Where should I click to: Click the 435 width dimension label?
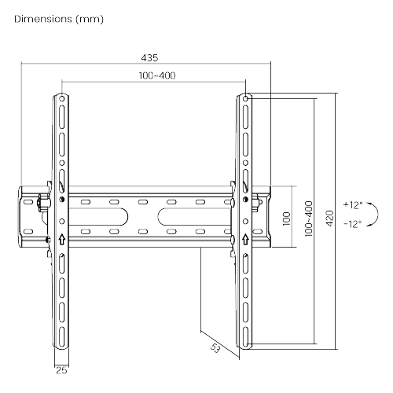pyautogui.click(x=149, y=57)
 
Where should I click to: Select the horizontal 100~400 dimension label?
pyautogui.click(x=157, y=75)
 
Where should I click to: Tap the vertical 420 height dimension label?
pyautogui.click(x=330, y=219)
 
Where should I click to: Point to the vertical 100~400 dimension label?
pyautogui.click(x=309, y=219)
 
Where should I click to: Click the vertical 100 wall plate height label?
pyautogui.click(x=287, y=219)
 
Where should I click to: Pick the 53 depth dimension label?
pyautogui.click(x=215, y=348)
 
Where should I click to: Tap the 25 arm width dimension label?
pyautogui.click(x=61, y=370)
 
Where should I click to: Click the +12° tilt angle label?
pyautogui.click(x=353, y=204)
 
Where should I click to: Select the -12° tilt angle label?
pyautogui.click(x=353, y=224)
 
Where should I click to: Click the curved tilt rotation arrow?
pyautogui.click(x=377, y=214)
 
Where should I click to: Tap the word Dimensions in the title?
pyautogui.click(x=43, y=19)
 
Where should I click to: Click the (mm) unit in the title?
pyautogui.click(x=90, y=19)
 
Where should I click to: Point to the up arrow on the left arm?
pyautogui.click(x=62, y=239)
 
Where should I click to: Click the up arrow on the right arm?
pyautogui.click(x=245, y=239)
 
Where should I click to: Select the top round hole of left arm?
pyautogui.click(x=62, y=99)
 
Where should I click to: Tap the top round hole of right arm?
pyautogui.click(x=245, y=99)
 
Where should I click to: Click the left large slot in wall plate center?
pyautogui.click(x=98, y=217)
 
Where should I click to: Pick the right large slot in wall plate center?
pyautogui.click(x=194, y=217)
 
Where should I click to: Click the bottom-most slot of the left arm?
pyautogui.click(x=62, y=336)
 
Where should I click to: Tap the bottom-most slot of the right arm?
pyautogui.click(x=245, y=336)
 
